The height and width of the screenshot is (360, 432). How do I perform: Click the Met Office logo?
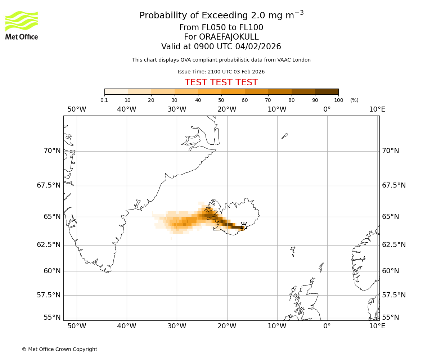(22, 25)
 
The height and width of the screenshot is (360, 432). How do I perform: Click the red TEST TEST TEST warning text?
(221, 82)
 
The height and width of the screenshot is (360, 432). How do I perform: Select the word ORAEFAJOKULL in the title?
(221, 37)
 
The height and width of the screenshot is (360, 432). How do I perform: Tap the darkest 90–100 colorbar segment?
(327, 91)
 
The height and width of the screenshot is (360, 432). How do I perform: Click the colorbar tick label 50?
(221, 100)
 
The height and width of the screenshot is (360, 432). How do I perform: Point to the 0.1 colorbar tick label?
(104, 100)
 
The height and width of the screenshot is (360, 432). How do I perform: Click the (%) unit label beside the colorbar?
(354, 100)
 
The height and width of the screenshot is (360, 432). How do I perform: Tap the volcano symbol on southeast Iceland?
(244, 226)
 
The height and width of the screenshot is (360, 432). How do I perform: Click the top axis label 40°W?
(127, 109)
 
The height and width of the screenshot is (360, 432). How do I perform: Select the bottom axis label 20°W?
(227, 326)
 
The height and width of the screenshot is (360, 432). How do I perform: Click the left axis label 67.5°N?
(49, 185)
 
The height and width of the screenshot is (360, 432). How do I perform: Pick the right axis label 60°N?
(391, 271)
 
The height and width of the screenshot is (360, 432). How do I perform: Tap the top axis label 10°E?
(377, 109)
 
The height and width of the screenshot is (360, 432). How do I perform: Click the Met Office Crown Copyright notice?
(59, 349)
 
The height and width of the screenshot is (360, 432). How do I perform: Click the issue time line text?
(221, 72)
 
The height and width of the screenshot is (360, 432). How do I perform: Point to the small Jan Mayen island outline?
(284, 136)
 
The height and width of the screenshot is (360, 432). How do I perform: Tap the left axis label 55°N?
(52, 317)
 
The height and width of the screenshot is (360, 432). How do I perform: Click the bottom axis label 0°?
(327, 326)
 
